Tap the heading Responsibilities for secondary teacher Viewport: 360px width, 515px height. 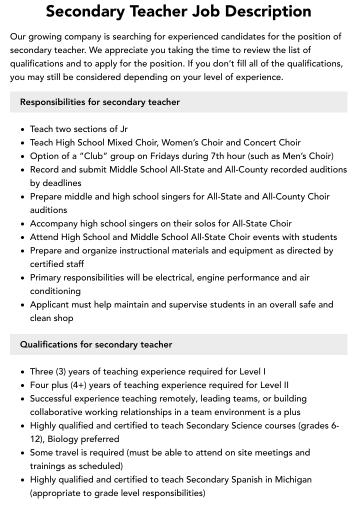click(x=100, y=102)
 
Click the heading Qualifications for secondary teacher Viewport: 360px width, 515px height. click(x=96, y=344)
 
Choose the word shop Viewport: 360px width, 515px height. click(x=63, y=318)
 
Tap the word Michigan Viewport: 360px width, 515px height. click(x=289, y=479)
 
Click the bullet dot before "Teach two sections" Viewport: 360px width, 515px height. click(x=23, y=129)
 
